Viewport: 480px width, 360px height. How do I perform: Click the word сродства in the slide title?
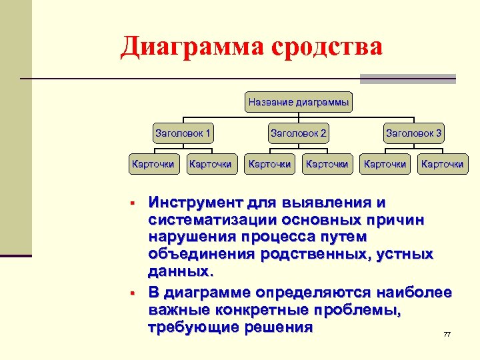point(327,47)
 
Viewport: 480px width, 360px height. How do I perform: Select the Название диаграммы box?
point(299,102)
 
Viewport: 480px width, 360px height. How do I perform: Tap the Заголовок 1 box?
point(183,133)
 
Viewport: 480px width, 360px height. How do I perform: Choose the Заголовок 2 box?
point(299,133)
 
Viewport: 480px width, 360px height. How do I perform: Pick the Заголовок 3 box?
point(414,133)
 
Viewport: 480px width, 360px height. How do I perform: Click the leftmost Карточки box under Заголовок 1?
point(153,163)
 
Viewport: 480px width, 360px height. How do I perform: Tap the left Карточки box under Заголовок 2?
point(269,163)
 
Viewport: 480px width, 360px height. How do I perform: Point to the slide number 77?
point(447,334)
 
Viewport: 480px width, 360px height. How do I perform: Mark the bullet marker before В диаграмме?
point(133,293)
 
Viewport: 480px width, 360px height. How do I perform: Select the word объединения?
point(200,254)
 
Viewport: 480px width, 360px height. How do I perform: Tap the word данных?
point(179,271)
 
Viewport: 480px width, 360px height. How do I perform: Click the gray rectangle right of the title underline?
point(408,79)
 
